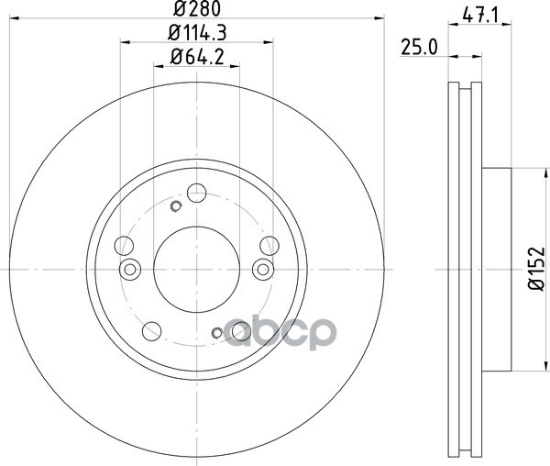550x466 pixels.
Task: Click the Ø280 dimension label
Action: pos(197,8)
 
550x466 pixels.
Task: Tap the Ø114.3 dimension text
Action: pos(197,33)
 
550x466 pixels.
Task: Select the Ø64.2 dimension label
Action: pos(197,57)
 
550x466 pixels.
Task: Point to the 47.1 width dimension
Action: pos(480,16)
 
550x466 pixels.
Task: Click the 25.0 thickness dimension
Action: pos(420,47)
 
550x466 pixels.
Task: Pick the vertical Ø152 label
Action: pos(536,269)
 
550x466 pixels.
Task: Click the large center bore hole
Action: pos(196,269)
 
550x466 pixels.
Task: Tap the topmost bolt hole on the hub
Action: pos(196,193)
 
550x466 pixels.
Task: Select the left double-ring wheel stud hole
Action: pos(130,270)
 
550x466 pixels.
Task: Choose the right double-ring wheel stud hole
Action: pos(263,270)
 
